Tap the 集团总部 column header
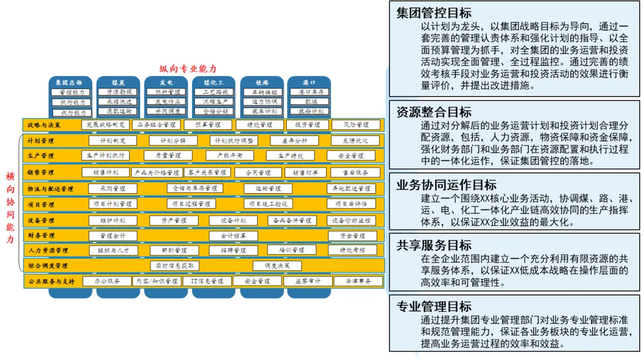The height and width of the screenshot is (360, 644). pyautogui.click(x=69, y=83)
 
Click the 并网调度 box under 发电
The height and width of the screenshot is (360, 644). pyautogui.click(x=165, y=111)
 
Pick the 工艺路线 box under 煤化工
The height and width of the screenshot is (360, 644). pyautogui.click(x=215, y=92)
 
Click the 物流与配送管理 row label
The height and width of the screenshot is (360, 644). pyautogui.click(x=50, y=189)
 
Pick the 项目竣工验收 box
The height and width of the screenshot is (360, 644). pyautogui.click(x=268, y=204)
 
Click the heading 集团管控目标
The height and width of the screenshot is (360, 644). pyautogui.click(x=434, y=13)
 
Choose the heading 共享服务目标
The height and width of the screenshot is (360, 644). pyautogui.click(x=434, y=245)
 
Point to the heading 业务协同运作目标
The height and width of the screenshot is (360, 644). pyautogui.click(x=446, y=184)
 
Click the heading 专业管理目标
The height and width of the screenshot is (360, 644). pyautogui.click(x=434, y=306)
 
